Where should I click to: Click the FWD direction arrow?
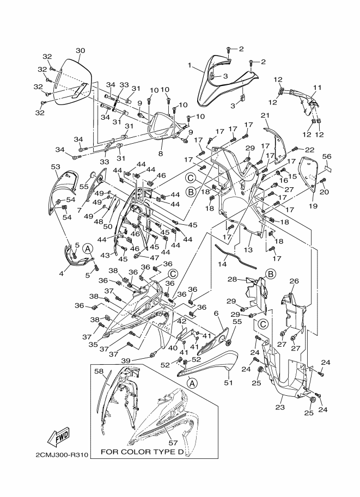tap(58, 439)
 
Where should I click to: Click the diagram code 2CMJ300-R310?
tap(62, 455)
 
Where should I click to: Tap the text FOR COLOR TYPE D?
tap(142, 452)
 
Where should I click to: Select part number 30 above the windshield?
tap(81, 51)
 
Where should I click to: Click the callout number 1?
tap(190, 65)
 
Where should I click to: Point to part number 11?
tap(317, 88)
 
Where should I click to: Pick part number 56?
tap(327, 156)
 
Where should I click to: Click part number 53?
tap(56, 167)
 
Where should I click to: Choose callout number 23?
tap(280, 407)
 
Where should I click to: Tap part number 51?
tap(228, 383)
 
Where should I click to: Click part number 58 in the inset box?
tap(99, 371)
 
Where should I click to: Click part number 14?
tap(223, 264)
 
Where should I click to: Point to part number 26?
tap(294, 281)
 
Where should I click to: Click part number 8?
tap(161, 154)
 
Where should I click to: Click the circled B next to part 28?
tap(270, 274)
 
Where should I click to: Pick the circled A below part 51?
tap(192, 383)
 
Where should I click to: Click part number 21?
tap(265, 115)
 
